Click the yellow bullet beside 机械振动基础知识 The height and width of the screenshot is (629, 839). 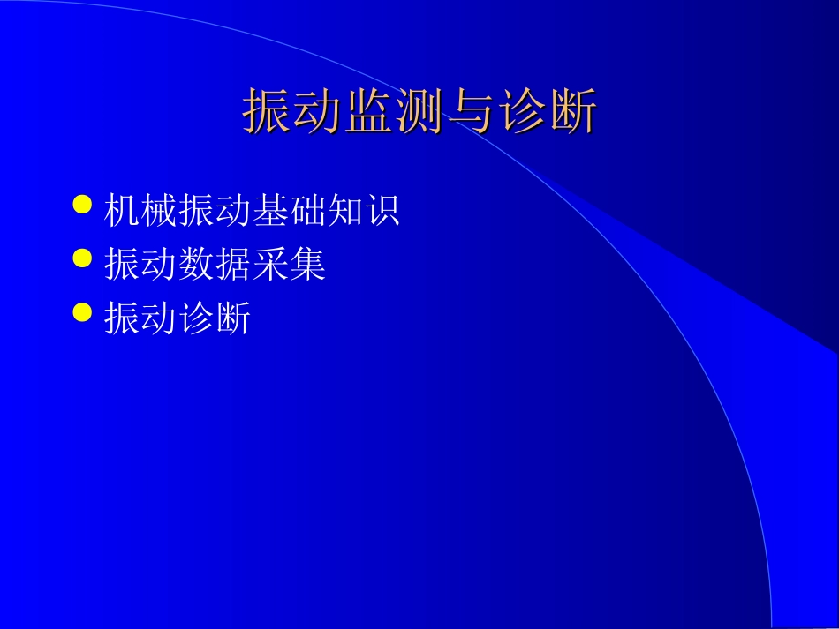coord(82,205)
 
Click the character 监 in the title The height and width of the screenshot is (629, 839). coord(369,111)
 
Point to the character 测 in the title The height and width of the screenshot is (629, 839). coord(419,111)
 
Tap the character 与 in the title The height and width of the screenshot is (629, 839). coord(470,111)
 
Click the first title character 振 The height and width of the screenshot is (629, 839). coord(268,111)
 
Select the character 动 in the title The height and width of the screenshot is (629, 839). coord(318,111)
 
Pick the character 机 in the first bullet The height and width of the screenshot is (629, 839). coord(122,211)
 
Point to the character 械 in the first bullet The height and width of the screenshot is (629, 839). coord(159,211)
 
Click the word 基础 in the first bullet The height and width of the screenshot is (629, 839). coord(289,211)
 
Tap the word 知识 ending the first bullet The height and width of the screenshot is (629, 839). coord(363,211)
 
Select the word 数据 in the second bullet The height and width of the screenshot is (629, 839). coord(215,265)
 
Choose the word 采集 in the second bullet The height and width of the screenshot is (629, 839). coord(289,265)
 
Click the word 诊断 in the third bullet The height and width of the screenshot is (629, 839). coord(215,318)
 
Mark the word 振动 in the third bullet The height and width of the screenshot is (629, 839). coord(140,318)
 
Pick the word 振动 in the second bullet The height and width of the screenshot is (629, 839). coord(140,265)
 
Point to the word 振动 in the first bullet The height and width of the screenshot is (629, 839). coord(215,211)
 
